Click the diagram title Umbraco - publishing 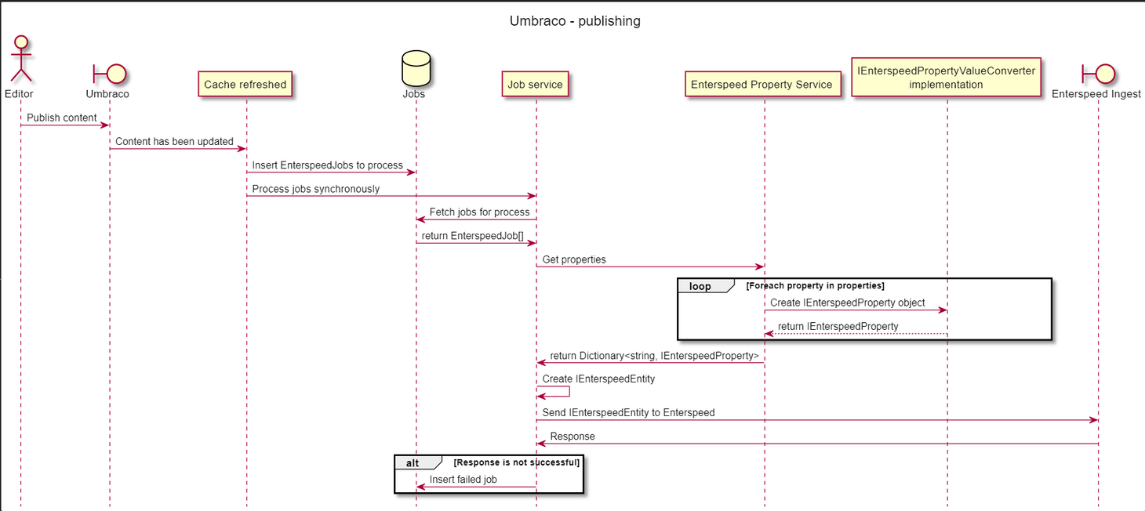click(x=575, y=21)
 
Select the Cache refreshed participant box click(x=245, y=84)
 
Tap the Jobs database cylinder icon click(x=416, y=68)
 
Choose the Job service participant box click(x=535, y=84)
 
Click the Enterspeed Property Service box click(x=762, y=84)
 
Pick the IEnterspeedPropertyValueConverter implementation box click(x=946, y=77)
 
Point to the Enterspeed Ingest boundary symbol click(x=1099, y=74)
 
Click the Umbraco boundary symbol click(x=110, y=74)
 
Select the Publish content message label click(x=62, y=118)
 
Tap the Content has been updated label click(x=174, y=142)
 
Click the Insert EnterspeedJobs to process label click(x=327, y=165)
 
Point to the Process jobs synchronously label click(x=315, y=189)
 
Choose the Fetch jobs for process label click(x=479, y=212)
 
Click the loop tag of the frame click(x=700, y=286)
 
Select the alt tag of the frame click(x=413, y=462)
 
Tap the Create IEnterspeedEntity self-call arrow click(x=558, y=391)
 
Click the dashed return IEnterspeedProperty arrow click(x=855, y=334)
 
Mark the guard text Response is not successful click(x=516, y=462)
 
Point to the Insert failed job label click(x=463, y=480)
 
